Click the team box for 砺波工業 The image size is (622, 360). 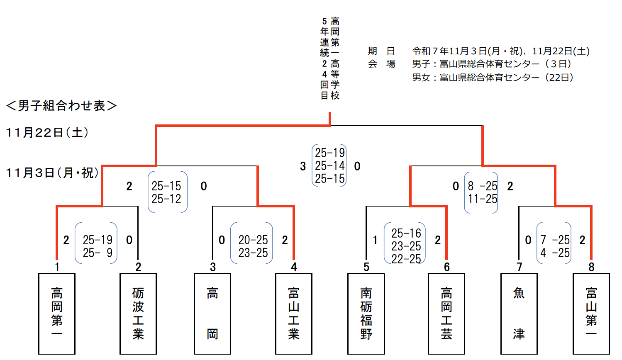[138, 314]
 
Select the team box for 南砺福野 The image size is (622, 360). [366, 314]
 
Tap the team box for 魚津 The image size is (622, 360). [519, 314]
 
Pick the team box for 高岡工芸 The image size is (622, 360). [446, 314]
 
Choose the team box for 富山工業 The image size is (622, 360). [294, 314]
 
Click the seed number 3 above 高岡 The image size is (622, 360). [213, 267]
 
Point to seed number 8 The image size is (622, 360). [591, 267]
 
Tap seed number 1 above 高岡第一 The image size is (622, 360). [57, 267]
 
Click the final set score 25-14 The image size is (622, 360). [329, 166]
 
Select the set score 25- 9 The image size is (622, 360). [98, 253]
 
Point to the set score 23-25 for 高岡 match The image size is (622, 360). [253, 253]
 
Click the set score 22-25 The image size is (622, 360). [406, 259]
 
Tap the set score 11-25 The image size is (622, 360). [483, 199]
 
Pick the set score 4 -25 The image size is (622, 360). [555, 253]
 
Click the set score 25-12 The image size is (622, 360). [166, 199]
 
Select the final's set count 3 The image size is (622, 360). [303, 166]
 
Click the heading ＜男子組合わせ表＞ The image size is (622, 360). [61, 106]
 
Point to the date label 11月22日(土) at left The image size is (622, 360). [47, 133]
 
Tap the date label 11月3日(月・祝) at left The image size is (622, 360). [52, 173]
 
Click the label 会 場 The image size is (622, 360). [381, 64]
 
